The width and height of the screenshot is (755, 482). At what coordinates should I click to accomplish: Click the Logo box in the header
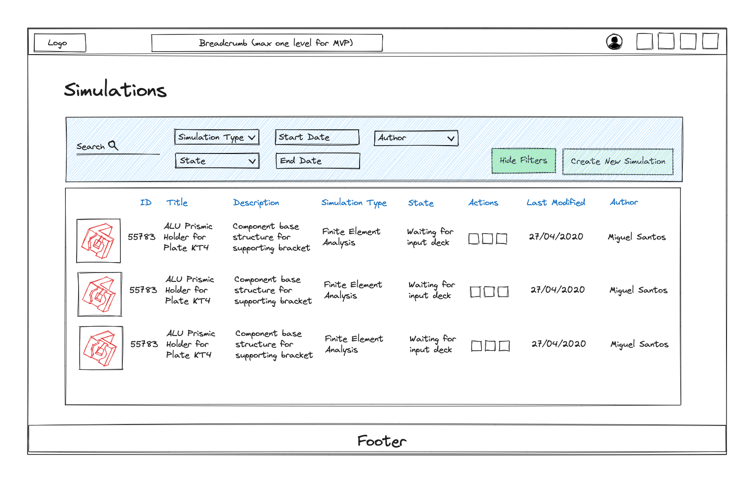60,43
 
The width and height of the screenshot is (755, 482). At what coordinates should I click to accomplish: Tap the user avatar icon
614,42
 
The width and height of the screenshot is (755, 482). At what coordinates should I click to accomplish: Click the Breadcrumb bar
267,43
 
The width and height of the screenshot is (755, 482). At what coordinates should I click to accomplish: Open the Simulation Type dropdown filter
217,137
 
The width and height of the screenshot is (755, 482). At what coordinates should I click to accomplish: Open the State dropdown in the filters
217,161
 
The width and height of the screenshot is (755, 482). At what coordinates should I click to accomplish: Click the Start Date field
317,137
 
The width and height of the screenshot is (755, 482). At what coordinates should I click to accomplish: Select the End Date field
318,161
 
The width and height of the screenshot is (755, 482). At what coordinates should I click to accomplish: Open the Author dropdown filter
416,138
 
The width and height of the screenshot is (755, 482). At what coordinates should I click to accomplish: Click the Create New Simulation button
618,162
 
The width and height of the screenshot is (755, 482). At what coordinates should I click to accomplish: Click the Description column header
256,203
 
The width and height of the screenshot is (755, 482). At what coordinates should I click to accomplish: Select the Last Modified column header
556,202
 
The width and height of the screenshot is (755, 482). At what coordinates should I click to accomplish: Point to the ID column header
145,202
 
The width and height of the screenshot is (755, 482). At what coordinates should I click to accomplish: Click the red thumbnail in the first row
98,241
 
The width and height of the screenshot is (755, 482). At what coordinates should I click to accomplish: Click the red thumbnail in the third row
101,348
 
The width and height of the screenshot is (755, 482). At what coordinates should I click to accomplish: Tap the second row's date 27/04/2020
558,290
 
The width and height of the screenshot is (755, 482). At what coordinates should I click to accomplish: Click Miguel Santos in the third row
640,344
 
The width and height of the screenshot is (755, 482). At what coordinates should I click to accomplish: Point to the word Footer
382,441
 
